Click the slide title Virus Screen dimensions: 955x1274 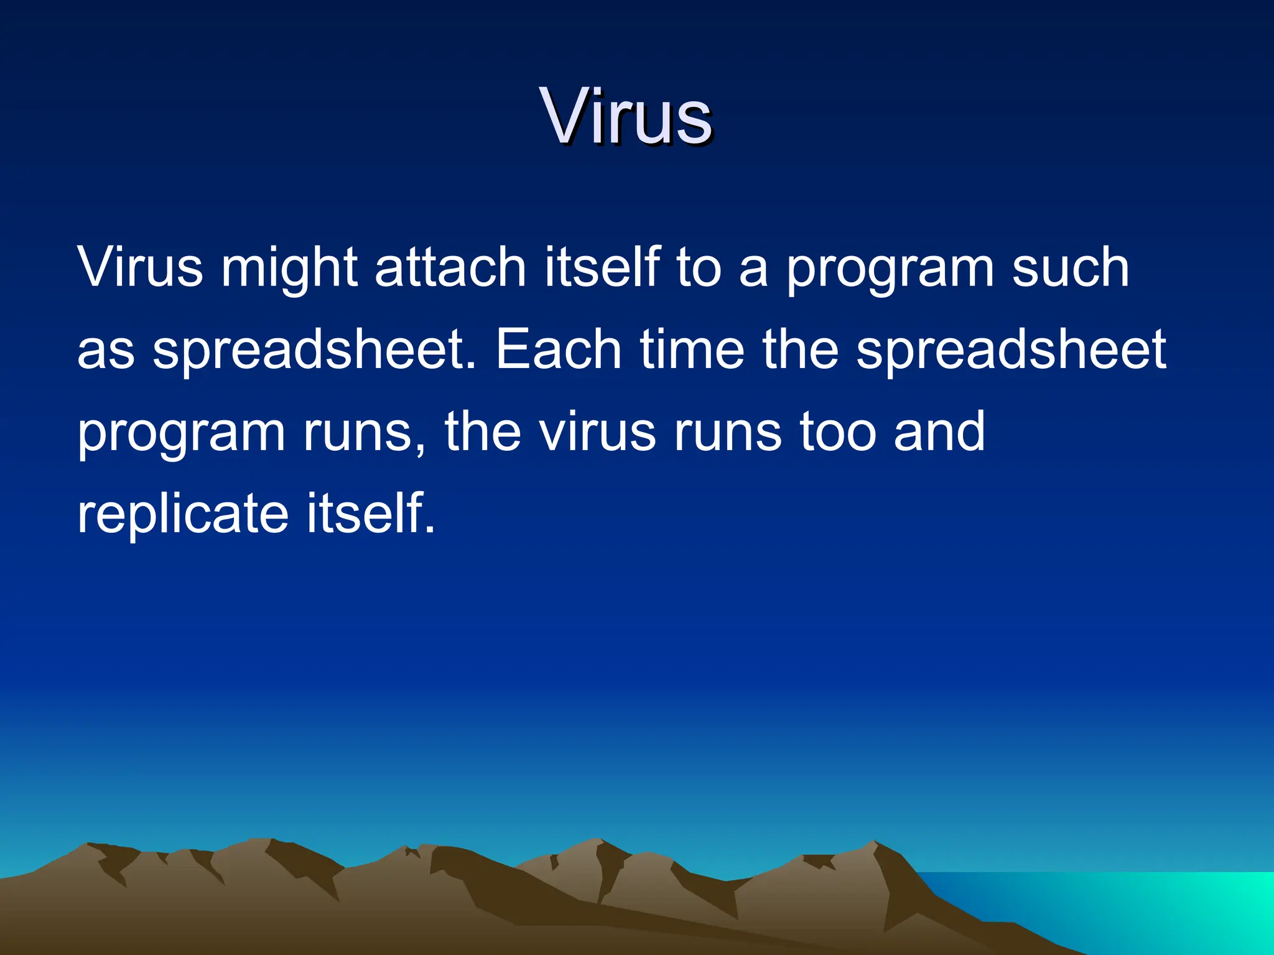pyautogui.click(x=626, y=117)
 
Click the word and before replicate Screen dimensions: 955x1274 pyautogui.click(x=939, y=432)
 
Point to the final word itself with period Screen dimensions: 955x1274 pyautogui.click(x=371, y=514)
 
